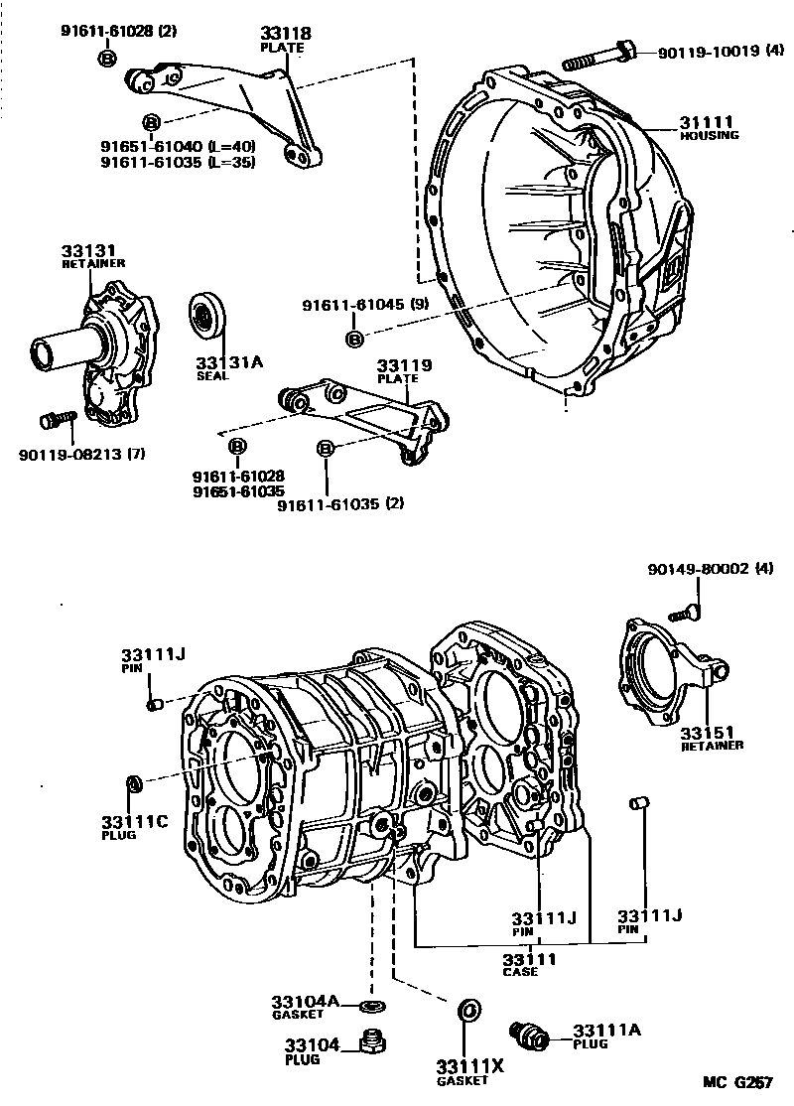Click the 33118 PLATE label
pyautogui.click(x=286, y=39)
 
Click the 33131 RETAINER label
pyautogui.click(x=87, y=256)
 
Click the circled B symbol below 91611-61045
pyautogui.click(x=354, y=341)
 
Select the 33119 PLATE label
pyautogui.click(x=403, y=371)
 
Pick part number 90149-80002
pyautogui.click(x=709, y=570)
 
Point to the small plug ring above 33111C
pyautogui.click(x=133, y=784)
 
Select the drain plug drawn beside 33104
pyautogui.click(x=373, y=1042)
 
